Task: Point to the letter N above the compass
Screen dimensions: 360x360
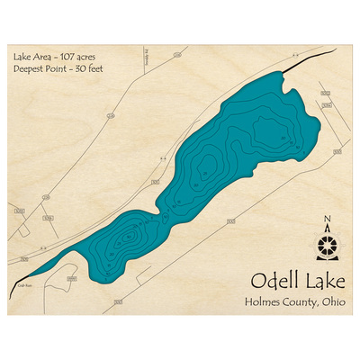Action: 327,220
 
